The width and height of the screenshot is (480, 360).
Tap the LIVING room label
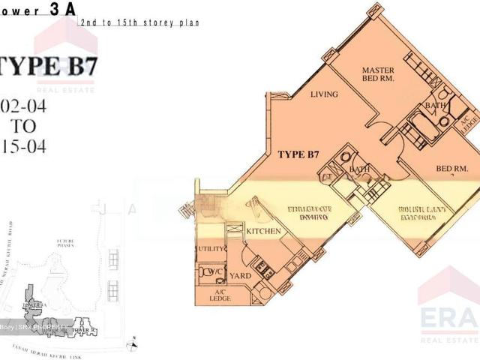click(x=325, y=94)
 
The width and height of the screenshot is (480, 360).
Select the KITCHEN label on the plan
click(x=263, y=231)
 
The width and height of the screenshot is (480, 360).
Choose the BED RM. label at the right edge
click(x=451, y=169)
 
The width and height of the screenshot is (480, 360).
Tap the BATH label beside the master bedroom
click(x=435, y=106)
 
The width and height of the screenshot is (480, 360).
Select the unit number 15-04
click(x=23, y=147)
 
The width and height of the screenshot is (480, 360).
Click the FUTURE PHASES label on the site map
click(x=66, y=244)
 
